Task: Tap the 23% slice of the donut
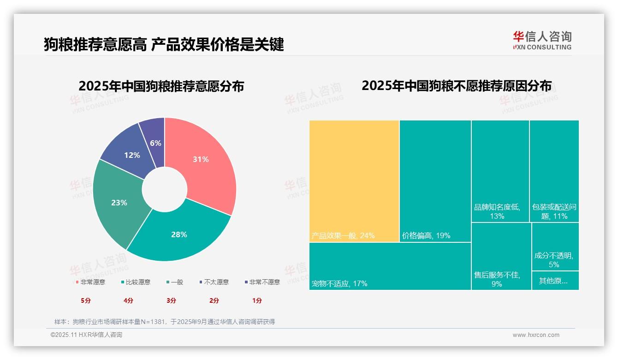[119, 203]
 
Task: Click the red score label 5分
[86, 300]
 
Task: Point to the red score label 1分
[257, 300]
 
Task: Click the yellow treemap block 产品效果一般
[354, 180]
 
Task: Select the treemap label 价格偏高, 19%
[426, 235]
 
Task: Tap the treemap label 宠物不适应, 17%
[339, 283]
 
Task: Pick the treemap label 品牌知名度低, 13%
[497, 211]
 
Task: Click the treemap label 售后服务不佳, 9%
[497, 279]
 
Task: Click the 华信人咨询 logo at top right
[542, 40]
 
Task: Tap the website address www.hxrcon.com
[536, 335]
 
